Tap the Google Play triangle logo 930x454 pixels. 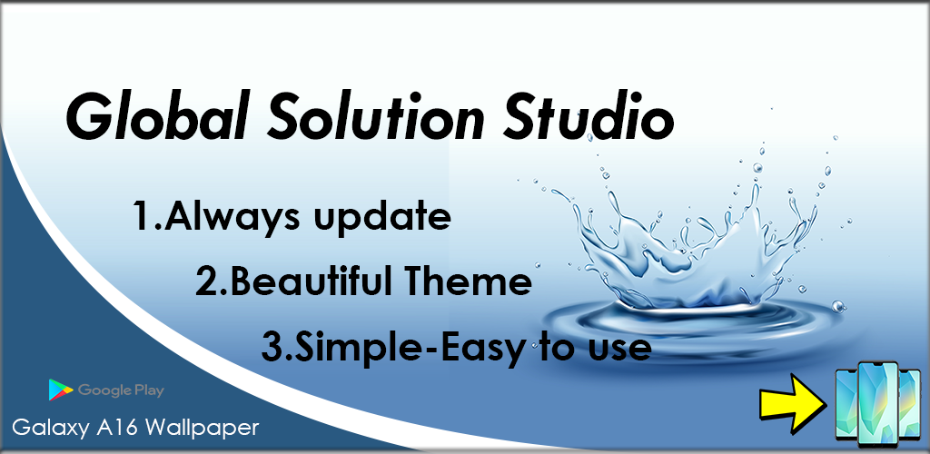coord(61,390)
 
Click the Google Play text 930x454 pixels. coord(121,390)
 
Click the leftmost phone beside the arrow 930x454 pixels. coord(846,404)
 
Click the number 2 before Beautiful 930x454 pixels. coord(207,283)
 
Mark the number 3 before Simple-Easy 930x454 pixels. coord(272,347)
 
